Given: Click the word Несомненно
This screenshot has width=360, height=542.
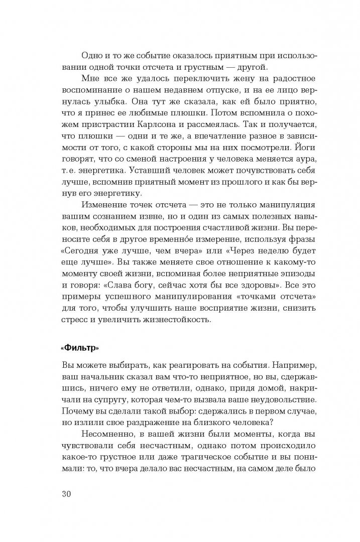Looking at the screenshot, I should click(109, 432).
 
